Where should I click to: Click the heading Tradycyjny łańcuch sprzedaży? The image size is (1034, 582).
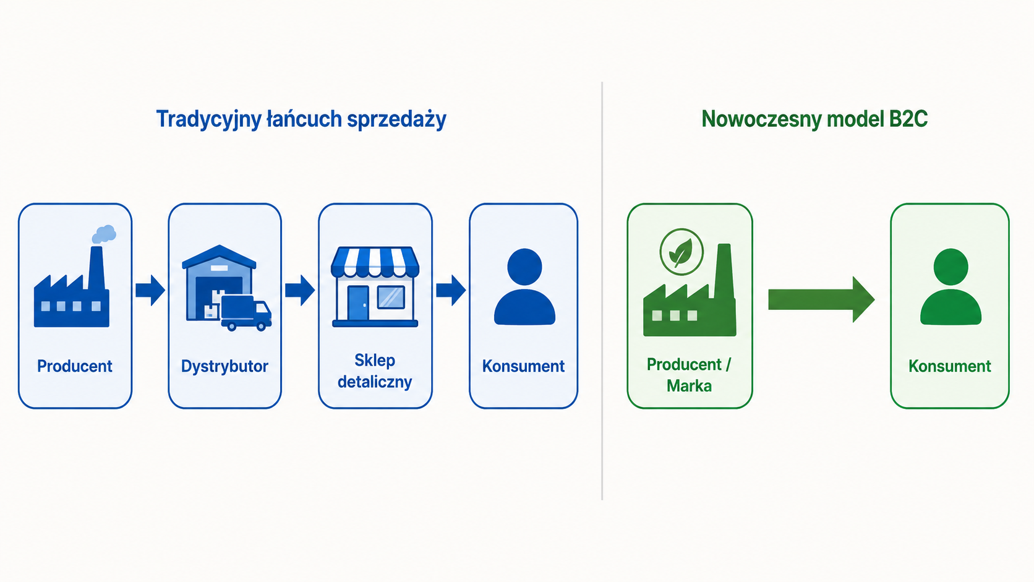301,119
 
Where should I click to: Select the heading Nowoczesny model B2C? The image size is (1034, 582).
814,119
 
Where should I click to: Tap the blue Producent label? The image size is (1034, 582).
75,366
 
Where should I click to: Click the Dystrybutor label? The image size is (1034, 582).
224,366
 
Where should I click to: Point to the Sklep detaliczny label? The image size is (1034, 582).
375,371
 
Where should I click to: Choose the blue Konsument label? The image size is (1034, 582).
523,366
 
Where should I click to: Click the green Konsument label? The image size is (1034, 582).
949,366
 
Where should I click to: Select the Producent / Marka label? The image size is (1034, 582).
689,375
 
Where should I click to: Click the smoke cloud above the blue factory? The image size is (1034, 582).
104,234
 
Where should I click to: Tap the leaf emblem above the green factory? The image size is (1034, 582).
681,252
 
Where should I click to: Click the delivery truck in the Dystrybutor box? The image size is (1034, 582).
246,313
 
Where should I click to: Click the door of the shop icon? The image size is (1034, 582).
358,303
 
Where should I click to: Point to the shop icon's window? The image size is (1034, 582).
391,297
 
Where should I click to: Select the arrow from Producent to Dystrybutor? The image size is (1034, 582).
150,290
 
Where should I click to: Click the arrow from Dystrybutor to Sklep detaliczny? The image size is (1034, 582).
300,290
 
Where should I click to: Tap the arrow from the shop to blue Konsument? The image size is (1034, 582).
451,290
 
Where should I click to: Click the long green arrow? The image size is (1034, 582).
821,299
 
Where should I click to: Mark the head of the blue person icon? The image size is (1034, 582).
524,267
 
